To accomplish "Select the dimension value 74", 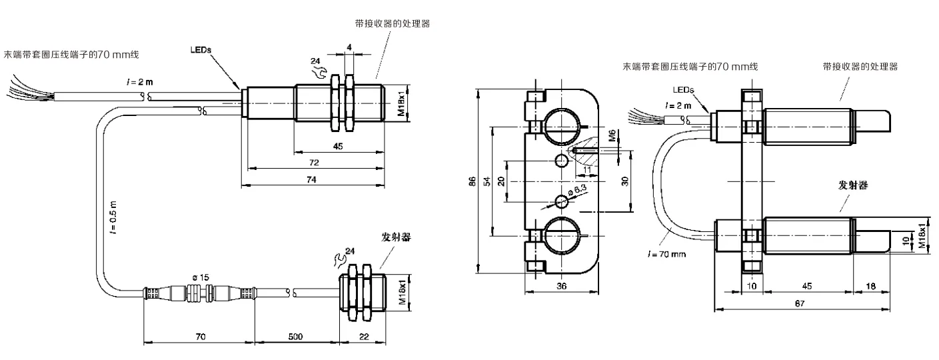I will [x=310, y=180].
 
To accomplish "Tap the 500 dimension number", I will [x=296, y=337].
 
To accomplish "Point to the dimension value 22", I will [x=363, y=337].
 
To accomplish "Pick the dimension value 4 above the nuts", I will [x=349, y=48].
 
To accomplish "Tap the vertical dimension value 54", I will [x=486, y=181].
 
